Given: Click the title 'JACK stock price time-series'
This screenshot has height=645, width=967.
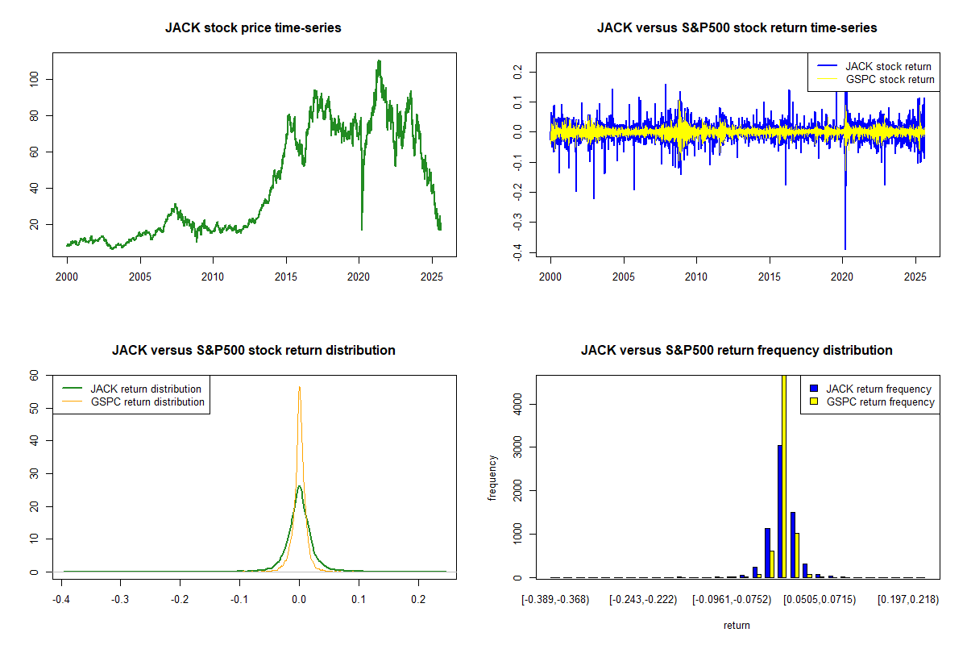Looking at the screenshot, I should (x=253, y=28).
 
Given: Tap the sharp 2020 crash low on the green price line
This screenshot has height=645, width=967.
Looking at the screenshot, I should (x=361, y=229).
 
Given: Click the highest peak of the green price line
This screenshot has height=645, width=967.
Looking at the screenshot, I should (x=379, y=61).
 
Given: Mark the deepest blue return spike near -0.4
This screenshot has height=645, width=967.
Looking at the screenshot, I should (x=845, y=248).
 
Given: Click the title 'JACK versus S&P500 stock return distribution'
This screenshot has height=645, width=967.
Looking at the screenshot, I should (x=253, y=351).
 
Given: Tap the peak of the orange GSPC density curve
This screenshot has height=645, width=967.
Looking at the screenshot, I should (x=300, y=387).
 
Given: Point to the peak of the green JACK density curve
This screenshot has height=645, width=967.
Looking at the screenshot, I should (x=299, y=486).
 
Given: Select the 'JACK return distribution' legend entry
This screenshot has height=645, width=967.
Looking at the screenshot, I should (x=146, y=389).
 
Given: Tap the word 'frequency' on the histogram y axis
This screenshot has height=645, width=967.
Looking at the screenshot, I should (x=493, y=478).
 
